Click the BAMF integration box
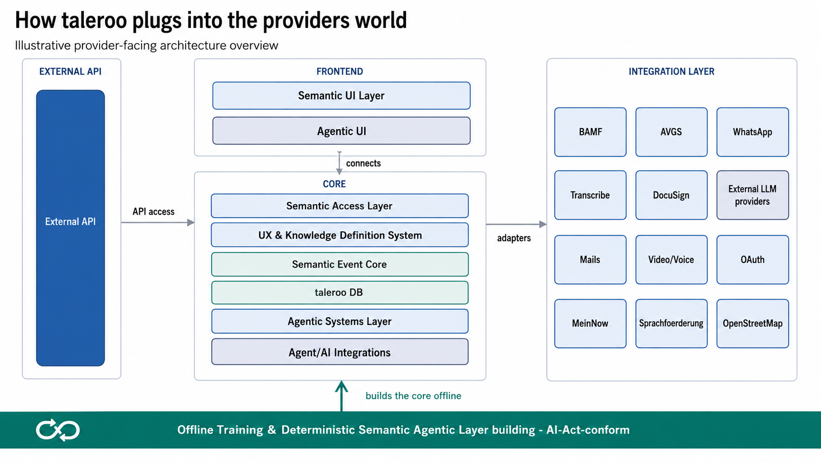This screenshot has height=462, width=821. pos(590,132)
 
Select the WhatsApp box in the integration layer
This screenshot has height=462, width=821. pos(752,132)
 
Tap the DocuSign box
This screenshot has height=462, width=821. pos(671,195)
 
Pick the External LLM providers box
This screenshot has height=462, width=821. pos(752,195)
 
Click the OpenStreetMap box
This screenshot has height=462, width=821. pos(752,324)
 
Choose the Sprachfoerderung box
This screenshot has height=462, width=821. pos(671,324)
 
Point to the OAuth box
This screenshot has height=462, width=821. pos(752,259)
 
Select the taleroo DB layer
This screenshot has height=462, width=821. pos(340,292)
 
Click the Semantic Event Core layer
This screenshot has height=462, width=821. pos(340,264)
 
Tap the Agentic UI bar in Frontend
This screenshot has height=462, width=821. pos(341,131)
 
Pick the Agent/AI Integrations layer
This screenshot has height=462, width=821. pos(340,352)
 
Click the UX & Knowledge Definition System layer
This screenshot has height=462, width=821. pos(340,235)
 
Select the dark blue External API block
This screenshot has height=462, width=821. pos(70,228)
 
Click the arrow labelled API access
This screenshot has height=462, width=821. pos(158,222)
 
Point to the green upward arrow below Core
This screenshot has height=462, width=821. pos(341,396)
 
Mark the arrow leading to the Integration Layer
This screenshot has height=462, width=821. pos(517,224)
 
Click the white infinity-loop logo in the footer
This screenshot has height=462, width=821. pos(57,430)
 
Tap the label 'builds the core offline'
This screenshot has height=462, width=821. pos(413,396)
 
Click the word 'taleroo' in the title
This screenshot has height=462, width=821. pos(94,20)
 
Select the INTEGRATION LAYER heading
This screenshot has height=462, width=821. pos(671,72)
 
